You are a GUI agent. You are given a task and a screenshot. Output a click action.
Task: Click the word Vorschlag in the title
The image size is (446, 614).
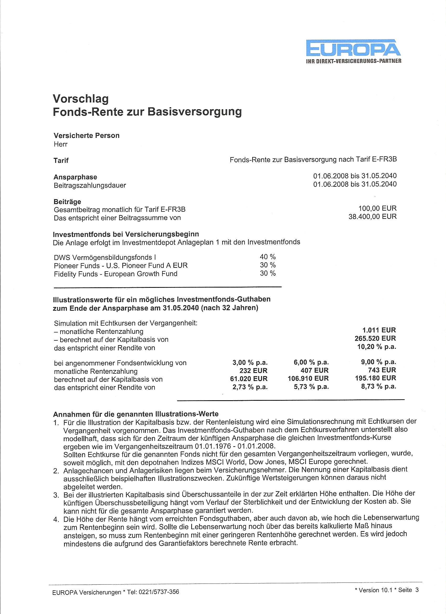point(81,99)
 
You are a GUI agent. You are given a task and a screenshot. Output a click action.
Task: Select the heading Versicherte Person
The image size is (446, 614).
point(87,135)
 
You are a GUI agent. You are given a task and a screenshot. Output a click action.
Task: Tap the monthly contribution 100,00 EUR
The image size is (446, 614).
point(377,208)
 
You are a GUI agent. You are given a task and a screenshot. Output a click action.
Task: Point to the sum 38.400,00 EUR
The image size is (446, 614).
point(373,217)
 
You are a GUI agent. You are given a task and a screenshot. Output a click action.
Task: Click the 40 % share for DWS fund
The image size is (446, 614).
point(268,257)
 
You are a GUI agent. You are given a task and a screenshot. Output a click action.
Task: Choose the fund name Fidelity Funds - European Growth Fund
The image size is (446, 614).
point(115,274)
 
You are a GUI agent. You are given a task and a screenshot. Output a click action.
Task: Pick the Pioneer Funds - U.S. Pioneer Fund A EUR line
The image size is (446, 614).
point(121,265)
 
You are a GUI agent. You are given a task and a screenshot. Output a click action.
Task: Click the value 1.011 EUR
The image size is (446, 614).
point(379,330)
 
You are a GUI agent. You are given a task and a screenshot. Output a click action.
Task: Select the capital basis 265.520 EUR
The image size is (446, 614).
point(373,338)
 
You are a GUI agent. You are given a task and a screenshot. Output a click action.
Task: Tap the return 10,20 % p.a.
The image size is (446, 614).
point(376,347)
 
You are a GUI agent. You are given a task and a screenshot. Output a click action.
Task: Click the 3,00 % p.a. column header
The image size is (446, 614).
point(250,362)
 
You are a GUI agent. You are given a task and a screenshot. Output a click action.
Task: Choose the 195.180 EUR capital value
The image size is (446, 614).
point(375,378)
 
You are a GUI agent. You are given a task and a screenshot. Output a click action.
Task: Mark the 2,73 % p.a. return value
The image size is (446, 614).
point(250,387)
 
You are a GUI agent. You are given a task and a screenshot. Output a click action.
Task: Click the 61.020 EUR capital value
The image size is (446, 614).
point(248,378)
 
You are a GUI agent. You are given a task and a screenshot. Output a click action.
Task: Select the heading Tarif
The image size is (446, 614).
point(61,160)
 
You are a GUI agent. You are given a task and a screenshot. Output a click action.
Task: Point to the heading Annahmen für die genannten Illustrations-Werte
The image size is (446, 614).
point(136,414)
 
